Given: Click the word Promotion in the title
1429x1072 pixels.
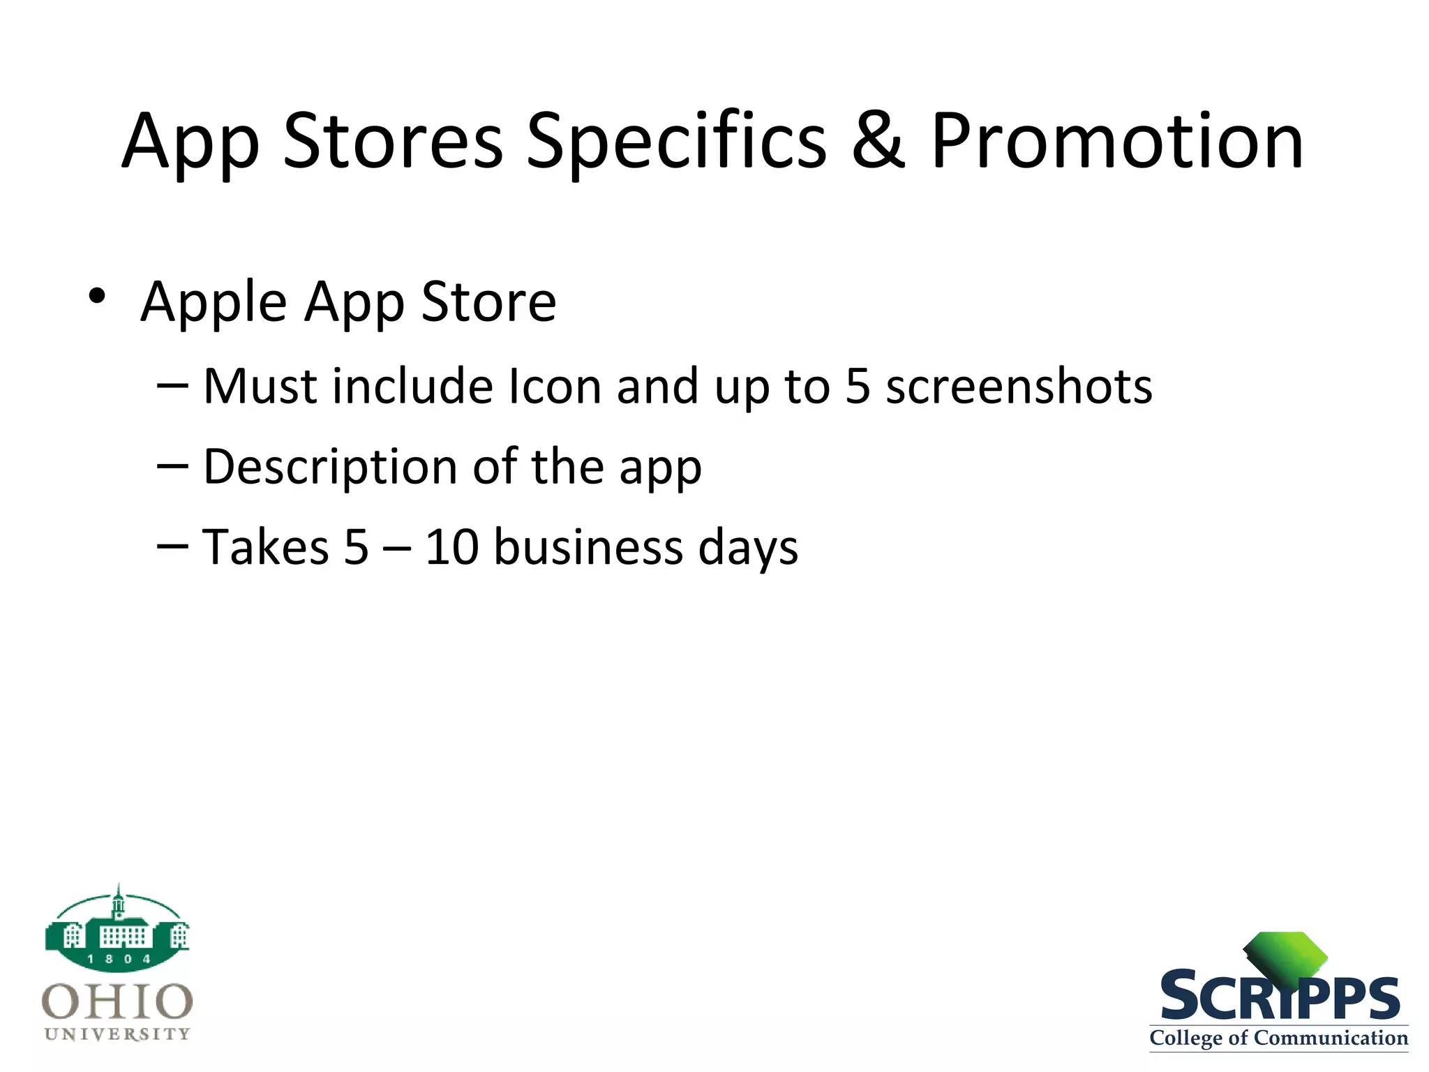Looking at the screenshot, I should coord(1116,143).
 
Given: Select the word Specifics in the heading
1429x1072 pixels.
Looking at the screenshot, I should coord(675,143).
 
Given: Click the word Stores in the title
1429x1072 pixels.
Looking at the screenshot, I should coord(393,143).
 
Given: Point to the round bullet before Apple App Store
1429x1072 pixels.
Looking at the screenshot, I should coord(97,296).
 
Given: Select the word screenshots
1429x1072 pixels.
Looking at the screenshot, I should coord(1019,387).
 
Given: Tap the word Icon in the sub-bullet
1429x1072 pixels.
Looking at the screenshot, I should coord(555,387).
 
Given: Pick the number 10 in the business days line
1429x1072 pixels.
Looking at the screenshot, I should coord(452,547).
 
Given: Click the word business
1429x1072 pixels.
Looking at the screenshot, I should coord(588,547).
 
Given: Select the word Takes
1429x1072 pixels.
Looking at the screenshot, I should coord(265,547).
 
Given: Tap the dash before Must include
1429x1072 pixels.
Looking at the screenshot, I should coord(172,387).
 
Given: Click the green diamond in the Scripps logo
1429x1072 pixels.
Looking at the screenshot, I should coord(1286,957).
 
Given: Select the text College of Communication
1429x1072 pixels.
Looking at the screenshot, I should coord(1278,1038).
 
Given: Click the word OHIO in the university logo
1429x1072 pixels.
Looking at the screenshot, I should coord(117,1002).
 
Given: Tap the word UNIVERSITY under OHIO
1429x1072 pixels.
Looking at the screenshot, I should coord(117,1034).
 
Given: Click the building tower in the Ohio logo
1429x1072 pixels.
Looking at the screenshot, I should coord(119,904).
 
